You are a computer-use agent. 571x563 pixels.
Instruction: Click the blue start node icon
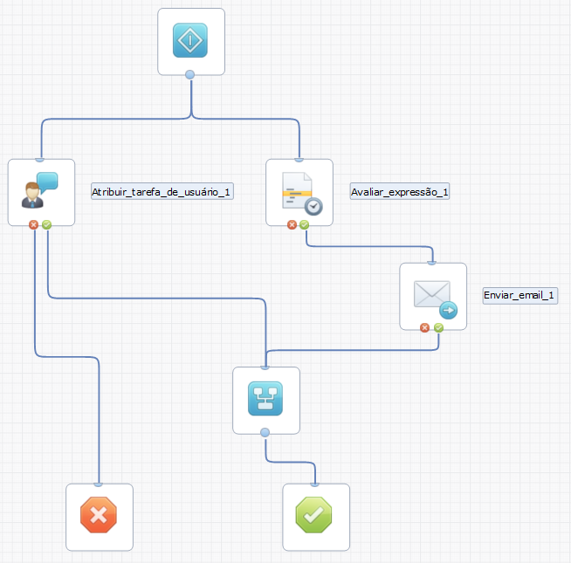tap(190, 41)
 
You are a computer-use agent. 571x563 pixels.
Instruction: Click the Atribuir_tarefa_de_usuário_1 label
tap(162, 191)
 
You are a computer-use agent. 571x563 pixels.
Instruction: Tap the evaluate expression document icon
tap(299, 191)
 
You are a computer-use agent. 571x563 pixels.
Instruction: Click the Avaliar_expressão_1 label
tap(400, 191)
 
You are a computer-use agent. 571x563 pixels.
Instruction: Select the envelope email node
tap(432, 296)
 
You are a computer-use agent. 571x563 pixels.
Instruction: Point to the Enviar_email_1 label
tap(519, 295)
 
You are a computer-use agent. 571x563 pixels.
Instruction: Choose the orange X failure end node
tap(99, 516)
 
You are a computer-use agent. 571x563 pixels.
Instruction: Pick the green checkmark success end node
tap(315, 516)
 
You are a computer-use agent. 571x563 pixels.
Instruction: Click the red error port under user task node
tap(34, 224)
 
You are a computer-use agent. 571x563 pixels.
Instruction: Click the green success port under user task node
tap(46, 224)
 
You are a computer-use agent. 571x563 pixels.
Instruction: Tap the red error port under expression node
tap(292, 224)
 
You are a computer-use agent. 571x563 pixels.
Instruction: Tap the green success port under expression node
tap(305, 224)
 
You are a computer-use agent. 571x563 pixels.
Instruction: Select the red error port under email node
tap(425, 328)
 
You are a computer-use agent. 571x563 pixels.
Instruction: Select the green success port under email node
tap(438, 328)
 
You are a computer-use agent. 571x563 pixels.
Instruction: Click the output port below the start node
tap(190, 74)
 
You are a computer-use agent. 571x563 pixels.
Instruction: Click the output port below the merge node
tap(265, 433)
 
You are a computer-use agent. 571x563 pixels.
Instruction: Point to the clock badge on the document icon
tap(313, 206)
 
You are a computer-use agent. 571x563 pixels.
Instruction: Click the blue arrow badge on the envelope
tap(448, 309)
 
